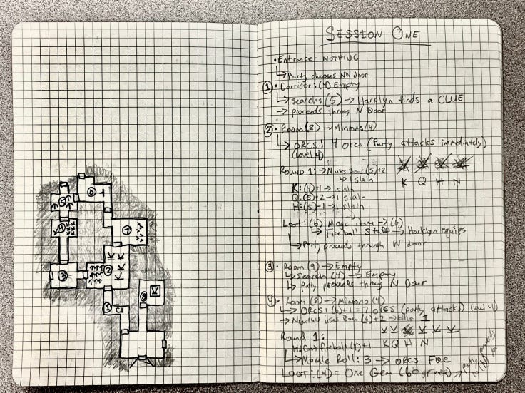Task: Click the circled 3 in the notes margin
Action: (268, 267)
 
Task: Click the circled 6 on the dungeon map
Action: (91, 192)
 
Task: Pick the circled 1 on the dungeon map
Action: (108, 309)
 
